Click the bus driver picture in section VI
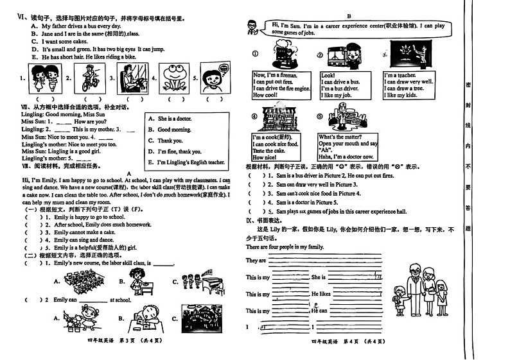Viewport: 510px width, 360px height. point(129,80)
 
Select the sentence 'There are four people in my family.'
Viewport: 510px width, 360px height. point(285,247)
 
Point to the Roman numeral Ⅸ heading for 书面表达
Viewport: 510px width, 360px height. point(250,219)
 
